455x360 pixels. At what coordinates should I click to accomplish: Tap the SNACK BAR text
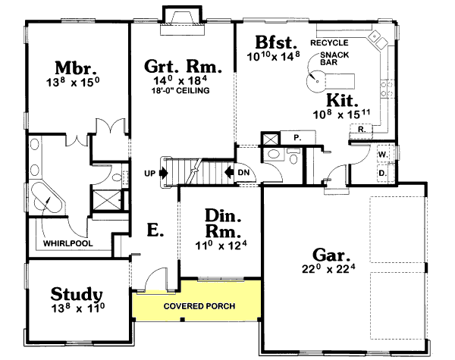(334, 61)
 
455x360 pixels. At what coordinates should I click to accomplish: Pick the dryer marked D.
(382, 173)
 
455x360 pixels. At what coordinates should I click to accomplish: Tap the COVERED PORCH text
(199, 306)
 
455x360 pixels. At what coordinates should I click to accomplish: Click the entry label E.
(154, 230)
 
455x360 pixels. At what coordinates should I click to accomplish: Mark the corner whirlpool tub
(49, 199)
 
